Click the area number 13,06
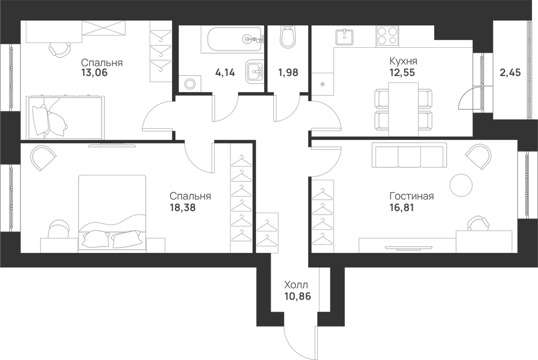94,73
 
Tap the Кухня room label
403,61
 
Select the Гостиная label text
412,196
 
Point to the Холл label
296,285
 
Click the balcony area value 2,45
510,73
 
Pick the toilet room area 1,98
288,73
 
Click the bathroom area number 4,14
225,73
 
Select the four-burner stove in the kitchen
388,36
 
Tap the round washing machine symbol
190,83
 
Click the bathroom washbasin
254,72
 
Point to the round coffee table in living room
461,185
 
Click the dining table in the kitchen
403,109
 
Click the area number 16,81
401,208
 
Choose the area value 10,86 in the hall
298,296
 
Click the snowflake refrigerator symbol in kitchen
322,84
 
